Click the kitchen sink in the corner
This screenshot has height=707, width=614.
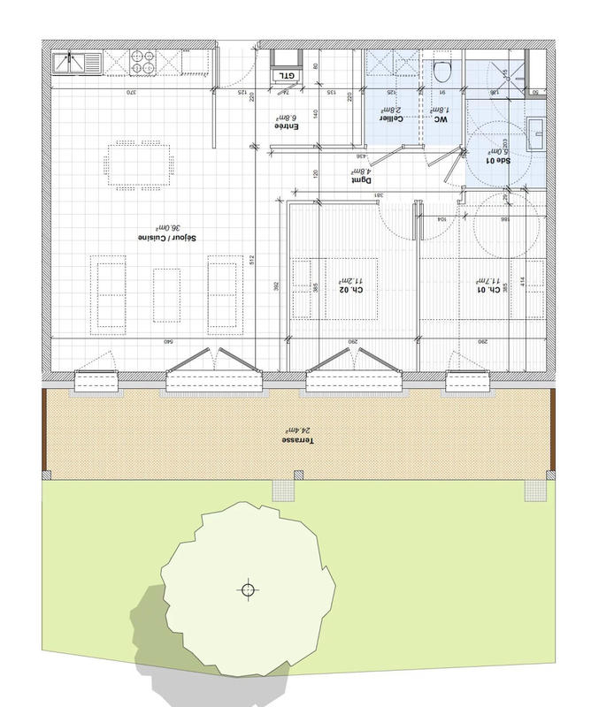tap(76, 63)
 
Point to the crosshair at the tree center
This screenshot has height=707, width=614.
tap(249, 589)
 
